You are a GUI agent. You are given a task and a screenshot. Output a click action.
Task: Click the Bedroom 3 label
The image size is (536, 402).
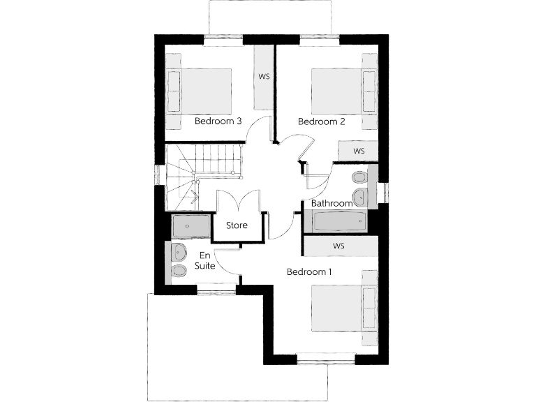click(x=218, y=121)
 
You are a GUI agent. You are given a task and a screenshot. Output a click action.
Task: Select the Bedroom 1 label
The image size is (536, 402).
click(x=309, y=271)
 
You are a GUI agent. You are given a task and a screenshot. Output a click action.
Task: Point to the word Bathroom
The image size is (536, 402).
click(x=332, y=203)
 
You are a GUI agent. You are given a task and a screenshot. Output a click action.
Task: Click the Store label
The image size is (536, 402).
click(x=237, y=225)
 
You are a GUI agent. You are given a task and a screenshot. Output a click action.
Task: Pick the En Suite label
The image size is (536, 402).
click(x=205, y=260)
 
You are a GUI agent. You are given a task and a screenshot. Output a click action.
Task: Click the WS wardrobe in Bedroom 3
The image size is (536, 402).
click(x=265, y=76)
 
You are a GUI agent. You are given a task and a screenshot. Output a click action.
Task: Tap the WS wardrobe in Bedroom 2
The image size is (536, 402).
click(x=359, y=151)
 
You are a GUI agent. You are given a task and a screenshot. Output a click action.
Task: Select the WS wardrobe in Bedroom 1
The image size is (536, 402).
click(x=339, y=246)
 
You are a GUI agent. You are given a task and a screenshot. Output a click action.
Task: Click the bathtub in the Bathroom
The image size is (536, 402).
click(x=339, y=222)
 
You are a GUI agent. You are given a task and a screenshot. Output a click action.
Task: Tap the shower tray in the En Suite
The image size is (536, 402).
click(x=190, y=226)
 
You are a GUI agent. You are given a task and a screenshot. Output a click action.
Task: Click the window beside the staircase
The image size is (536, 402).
click(x=158, y=174)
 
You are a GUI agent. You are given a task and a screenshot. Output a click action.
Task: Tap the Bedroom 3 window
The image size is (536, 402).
click(x=223, y=38)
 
